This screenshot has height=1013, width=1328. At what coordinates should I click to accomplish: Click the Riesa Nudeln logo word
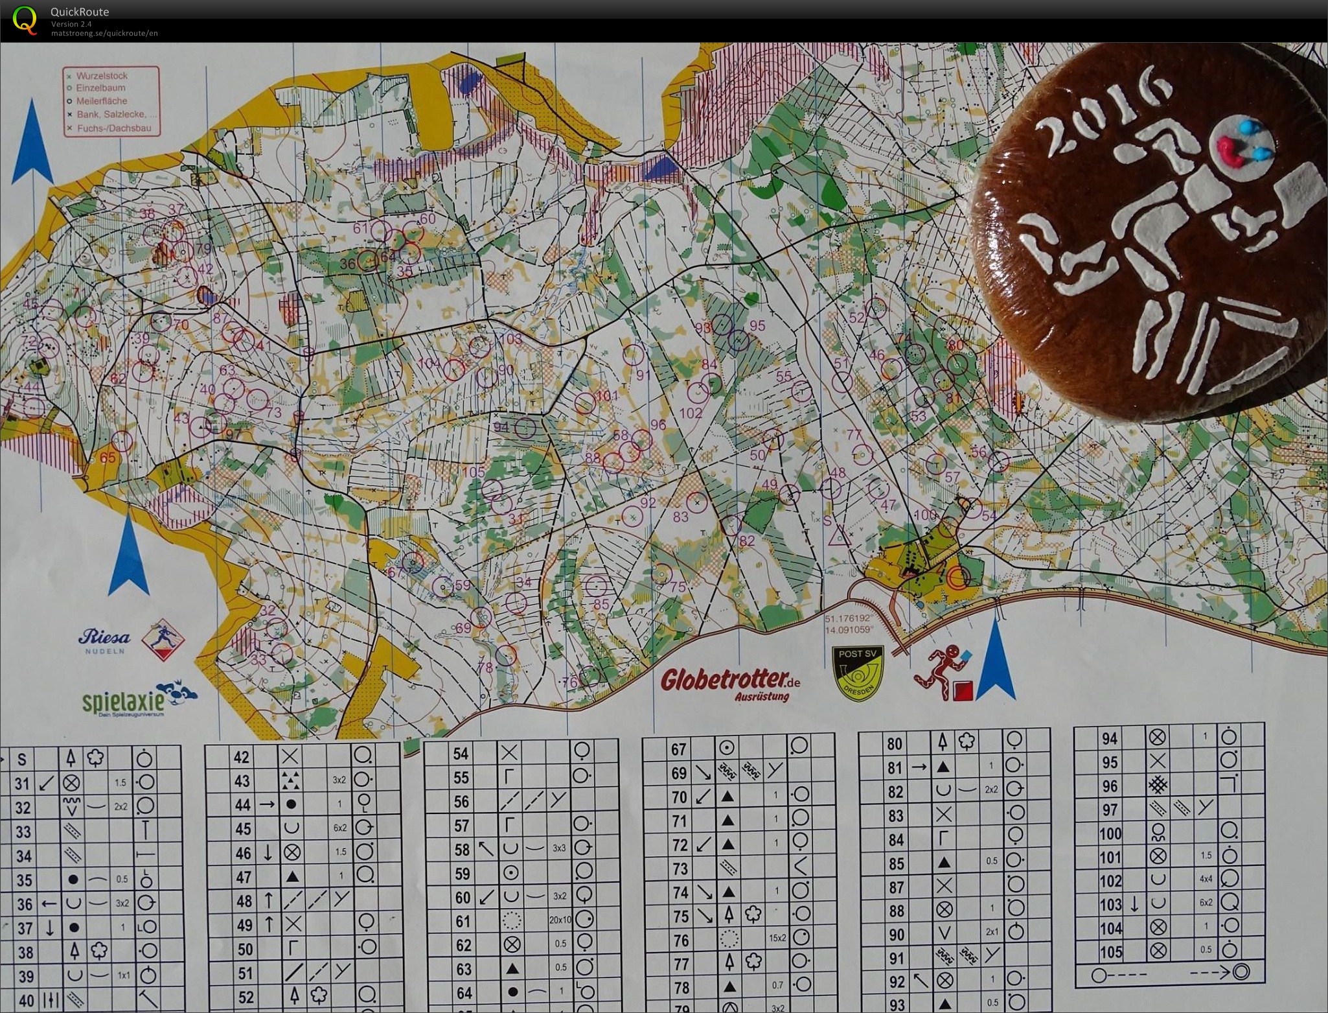click(x=104, y=638)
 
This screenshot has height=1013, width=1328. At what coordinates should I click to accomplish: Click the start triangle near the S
click(x=840, y=537)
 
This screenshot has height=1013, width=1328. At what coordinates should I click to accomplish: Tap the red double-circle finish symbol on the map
click(x=957, y=577)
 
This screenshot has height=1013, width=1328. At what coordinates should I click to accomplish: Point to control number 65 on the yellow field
click(x=107, y=458)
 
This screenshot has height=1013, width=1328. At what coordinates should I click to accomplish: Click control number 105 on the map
click(x=474, y=472)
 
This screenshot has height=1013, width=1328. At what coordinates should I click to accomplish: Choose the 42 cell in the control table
click(x=242, y=757)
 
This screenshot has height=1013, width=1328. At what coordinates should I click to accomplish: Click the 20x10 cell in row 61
click(x=560, y=920)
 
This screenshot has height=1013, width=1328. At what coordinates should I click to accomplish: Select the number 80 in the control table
click(x=894, y=744)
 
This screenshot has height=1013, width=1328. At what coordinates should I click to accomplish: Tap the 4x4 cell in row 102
click(x=1206, y=880)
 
